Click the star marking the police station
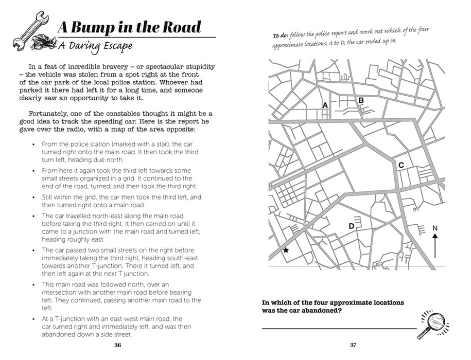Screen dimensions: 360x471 pos(286,250)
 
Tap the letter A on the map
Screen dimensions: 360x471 pos(325,105)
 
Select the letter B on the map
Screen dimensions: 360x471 pos(361,100)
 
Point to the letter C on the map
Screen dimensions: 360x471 pos(401,165)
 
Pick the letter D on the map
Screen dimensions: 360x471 pos(352,226)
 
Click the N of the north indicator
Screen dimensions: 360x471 pos(435,228)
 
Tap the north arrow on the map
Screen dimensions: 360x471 pos(435,246)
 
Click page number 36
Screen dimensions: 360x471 pos(118,345)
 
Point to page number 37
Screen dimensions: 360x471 pos(353,345)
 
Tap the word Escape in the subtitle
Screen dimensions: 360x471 pos(114,45)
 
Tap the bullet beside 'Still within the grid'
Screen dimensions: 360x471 pos(33,197)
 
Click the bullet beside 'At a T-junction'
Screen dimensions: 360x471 pos(33,319)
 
